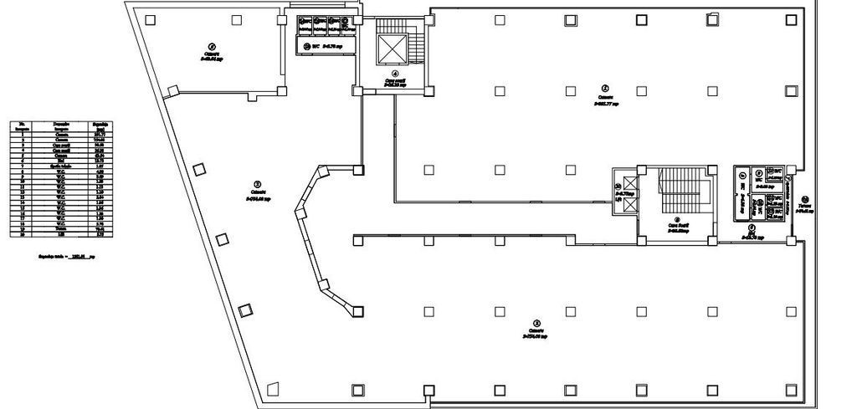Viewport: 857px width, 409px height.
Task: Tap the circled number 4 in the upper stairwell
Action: pyautogui.click(x=395, y=73)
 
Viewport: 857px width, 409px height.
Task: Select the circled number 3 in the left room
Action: pyautogui.click(x=257, y=183)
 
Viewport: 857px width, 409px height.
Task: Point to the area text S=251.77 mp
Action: pyautogui.click(x=605, y=105)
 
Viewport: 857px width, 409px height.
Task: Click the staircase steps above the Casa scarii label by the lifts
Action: pyautogui.click(x=673, y=191)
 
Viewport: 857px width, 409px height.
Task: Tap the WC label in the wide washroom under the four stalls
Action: pyautogui.click(x=316, y=46)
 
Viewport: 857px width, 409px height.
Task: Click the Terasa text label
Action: pyautogui.click(x=804, y=205)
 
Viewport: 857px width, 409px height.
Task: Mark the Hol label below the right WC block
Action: pyautogui.click(x=752, y=233)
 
